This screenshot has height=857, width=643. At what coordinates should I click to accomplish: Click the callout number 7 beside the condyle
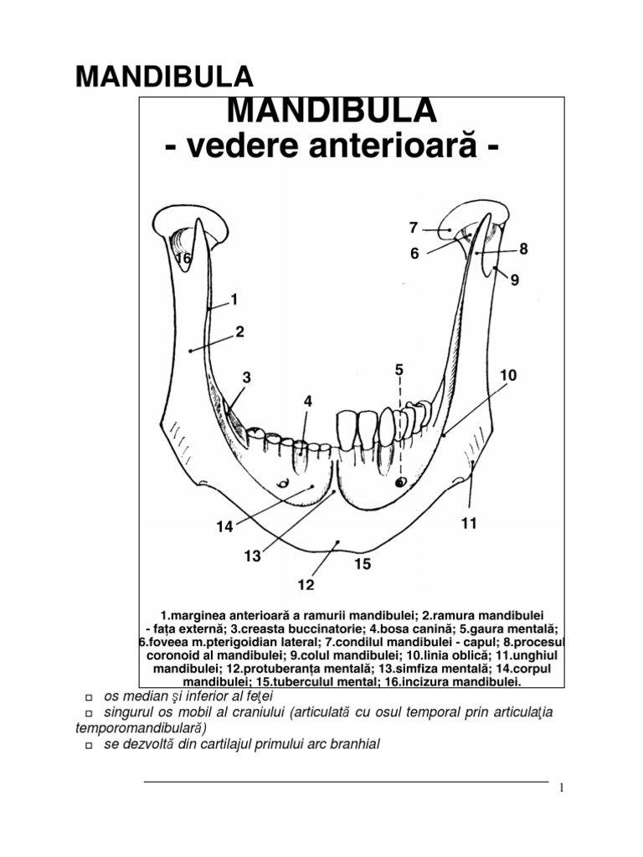point(413,228)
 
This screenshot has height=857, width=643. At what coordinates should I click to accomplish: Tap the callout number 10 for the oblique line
point(509,377)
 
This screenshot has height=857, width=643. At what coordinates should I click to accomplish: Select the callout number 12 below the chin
point(306,582)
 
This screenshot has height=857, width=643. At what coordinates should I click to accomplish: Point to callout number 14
point(223,527)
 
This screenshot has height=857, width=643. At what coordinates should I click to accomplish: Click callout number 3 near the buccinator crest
point(247,378)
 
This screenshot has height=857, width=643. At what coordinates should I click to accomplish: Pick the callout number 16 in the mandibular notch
point(183,259)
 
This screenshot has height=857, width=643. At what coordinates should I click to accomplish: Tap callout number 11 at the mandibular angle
point(468,524)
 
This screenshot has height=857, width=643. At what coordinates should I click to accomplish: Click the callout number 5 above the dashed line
point(399,369)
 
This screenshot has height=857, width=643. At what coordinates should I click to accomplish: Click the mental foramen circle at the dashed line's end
point(400,482)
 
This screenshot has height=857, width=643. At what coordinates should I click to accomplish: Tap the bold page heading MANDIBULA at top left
point(165,77)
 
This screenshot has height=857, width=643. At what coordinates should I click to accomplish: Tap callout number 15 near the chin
point(362,565)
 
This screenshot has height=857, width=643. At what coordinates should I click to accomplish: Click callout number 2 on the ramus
point(239,331)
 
